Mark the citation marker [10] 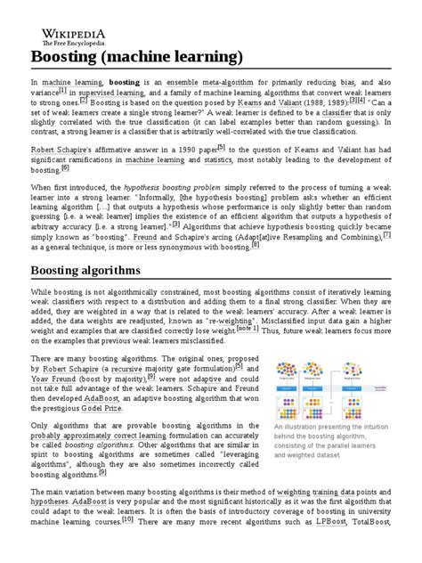(x=129, y=543)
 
